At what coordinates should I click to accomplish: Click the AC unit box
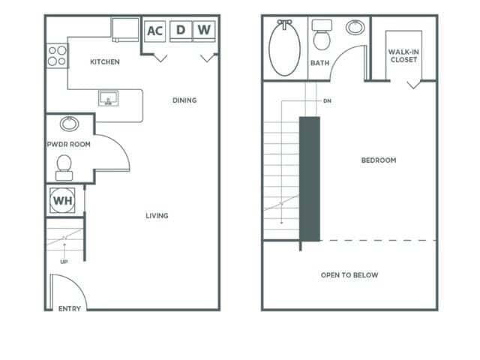[x=154, y=31]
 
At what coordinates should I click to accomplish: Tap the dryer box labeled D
[x=180, y=31]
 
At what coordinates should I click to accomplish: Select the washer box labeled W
[x=204, y=31]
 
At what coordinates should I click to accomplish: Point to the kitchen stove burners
[x=57, y=56]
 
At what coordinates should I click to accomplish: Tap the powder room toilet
[x=64, y=166]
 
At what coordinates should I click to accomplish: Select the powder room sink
[x=69, y=124]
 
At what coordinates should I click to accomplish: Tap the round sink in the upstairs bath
[x=355, y=28]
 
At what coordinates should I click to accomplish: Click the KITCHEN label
[x=104, y=62]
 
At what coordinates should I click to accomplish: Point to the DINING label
[x=184, y=100]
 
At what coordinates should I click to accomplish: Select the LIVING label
[x=157, y=216]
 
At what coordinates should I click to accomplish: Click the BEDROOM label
[x=379, y=160]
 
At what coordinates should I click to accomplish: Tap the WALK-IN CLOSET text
[x=403, y=55]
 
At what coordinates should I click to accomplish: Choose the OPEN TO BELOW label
[x=349, y=275]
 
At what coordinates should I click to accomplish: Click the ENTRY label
[x=70, y=308]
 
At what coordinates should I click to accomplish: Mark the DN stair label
[x=327, y=100]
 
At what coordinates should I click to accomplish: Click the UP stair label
[x=64, y=262]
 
